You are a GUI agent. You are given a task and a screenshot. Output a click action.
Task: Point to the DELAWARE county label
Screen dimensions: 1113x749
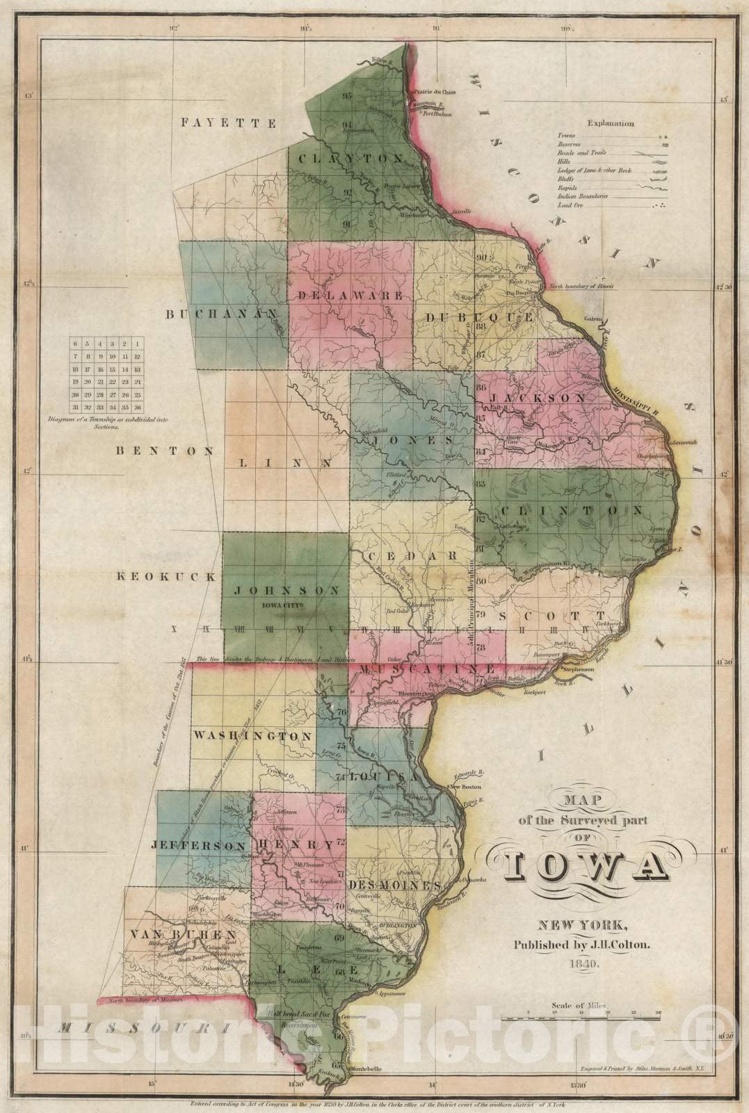[351, 295]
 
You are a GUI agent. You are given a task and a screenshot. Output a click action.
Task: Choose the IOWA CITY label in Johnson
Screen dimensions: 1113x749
[284, 605]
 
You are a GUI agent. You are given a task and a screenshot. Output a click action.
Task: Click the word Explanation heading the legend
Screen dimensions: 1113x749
[611, 123]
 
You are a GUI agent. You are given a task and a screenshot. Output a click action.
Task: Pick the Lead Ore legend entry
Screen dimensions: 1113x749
[573, 206]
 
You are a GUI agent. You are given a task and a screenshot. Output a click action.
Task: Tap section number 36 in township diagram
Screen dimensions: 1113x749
[138, 407]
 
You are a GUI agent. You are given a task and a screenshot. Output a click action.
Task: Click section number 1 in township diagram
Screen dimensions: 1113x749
[138, 344]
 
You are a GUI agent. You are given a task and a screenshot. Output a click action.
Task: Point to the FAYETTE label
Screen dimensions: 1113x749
[229, 123]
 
